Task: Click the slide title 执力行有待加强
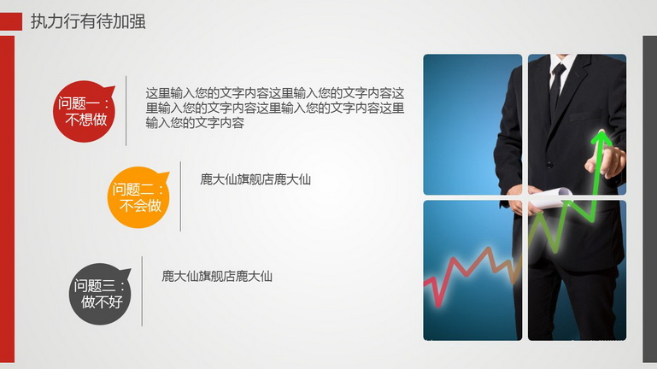88,21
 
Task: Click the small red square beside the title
11,21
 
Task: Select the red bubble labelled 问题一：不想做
84,111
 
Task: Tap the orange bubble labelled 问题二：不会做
138,197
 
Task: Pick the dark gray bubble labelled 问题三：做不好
100,294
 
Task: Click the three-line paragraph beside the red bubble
275,108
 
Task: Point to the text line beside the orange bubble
255,179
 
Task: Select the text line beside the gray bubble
217,277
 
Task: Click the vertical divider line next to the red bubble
126,110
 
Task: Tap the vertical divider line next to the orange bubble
180,196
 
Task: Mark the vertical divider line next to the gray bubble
142,291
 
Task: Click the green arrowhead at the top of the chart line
601,138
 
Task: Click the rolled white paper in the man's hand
549,196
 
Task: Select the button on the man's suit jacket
549,165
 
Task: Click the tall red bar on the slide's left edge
7,199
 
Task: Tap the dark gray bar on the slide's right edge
650,199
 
